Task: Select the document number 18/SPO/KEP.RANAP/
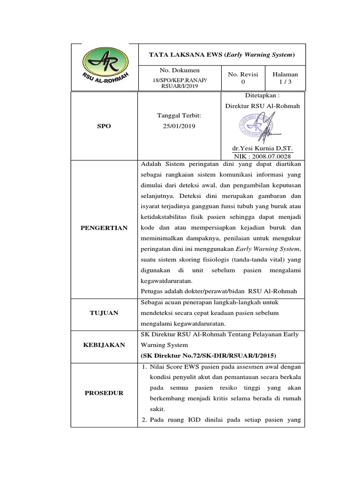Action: (x=173, y=81)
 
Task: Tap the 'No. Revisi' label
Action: (x=243, y=74)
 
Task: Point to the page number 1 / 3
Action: (x=285, y=82)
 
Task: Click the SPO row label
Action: (x=104, y=127)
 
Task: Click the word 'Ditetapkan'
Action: (x=262, y=96)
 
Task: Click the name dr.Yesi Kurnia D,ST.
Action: (x=262, y=148)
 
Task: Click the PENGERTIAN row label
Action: (x=104, y=228)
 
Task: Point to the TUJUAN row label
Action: (x=104, y=313)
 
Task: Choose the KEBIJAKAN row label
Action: (x=104, y=345)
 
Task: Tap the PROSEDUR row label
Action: (x=104, y=393)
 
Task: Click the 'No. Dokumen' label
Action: (x=173, y=70)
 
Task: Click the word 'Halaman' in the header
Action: (x=285, y=74)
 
